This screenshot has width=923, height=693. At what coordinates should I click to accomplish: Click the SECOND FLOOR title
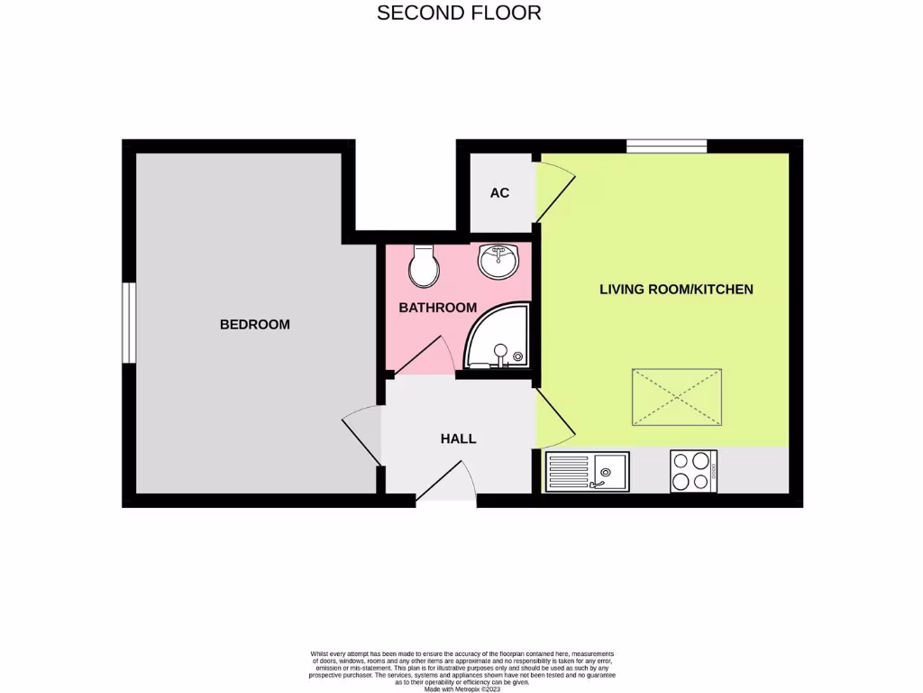click(x=459, y=13)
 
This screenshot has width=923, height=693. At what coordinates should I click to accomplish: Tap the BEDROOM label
click(x=255, y=324)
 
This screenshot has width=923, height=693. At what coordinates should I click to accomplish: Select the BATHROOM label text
click(x=437, y=308)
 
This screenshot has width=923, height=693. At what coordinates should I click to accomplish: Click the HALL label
click(x=458, y=439)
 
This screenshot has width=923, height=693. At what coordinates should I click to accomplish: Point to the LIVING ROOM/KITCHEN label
click(x=676, y=289)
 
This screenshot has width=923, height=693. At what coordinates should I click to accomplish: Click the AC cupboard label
click(x=499, y=193)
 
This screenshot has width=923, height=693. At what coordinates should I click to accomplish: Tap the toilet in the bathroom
click(x=422, y=265)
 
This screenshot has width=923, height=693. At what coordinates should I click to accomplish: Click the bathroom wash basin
click(x=498, y=261)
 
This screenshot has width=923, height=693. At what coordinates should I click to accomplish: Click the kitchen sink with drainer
click(x=586, y=471)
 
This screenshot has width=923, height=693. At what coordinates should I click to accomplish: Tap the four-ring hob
click(x=693, y=471)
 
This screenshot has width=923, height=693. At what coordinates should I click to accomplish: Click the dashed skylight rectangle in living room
click(x=676, y=397)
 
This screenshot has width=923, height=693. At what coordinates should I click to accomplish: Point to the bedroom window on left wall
click(x=129, y=322)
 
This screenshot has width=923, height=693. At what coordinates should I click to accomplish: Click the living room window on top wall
click(x=667, y=145)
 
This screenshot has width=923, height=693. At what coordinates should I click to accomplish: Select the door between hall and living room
click(x=553, y=420)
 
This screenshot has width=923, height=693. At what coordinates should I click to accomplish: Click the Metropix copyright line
click(x=461, y=688)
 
